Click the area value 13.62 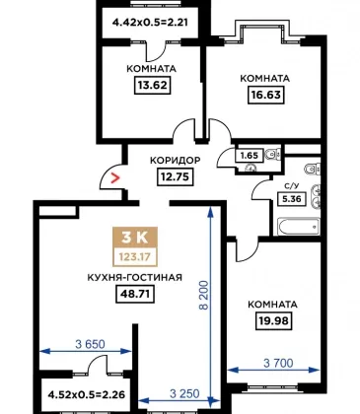(153, 86)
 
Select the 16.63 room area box (265, 95)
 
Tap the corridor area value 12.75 (175, 176)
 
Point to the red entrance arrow (115, 177)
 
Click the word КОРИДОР (176, 161)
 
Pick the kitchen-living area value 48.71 (135, 294)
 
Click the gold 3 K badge (135, 238)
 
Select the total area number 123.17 (135, 256)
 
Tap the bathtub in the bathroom (299, 227)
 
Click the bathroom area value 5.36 (292, 199)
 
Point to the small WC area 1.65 (250, 155)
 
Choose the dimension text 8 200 (204, 296)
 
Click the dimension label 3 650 (90, 344)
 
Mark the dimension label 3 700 (278, 363)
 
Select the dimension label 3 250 (184, 393)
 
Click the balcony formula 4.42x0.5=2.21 (150, 23)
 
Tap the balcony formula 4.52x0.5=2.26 (87, 394)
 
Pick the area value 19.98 (274, 320)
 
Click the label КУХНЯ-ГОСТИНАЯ (135, 278)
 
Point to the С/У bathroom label (291, 186)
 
